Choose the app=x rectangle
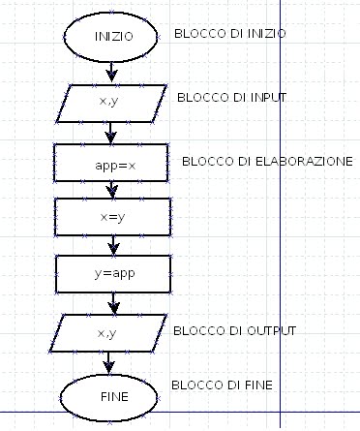coord(114,165)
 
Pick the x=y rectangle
coord(114,217)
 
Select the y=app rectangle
coord(114,273)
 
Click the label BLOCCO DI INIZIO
coord(229,33)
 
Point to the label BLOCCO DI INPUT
coord(231,98)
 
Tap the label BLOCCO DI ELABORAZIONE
coord(266,161)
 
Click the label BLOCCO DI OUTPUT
coord(233,331)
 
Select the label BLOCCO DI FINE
coord(221,385)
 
